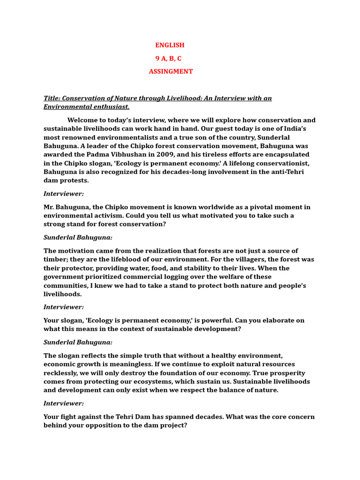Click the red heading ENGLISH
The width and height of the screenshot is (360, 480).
170,45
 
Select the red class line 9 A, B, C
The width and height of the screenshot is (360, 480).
168,58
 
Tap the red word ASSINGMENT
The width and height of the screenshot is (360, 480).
171,71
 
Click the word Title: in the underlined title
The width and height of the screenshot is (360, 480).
52,98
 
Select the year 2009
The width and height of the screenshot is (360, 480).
165,154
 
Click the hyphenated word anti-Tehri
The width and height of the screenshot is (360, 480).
277,172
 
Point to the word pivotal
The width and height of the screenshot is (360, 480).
253,207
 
